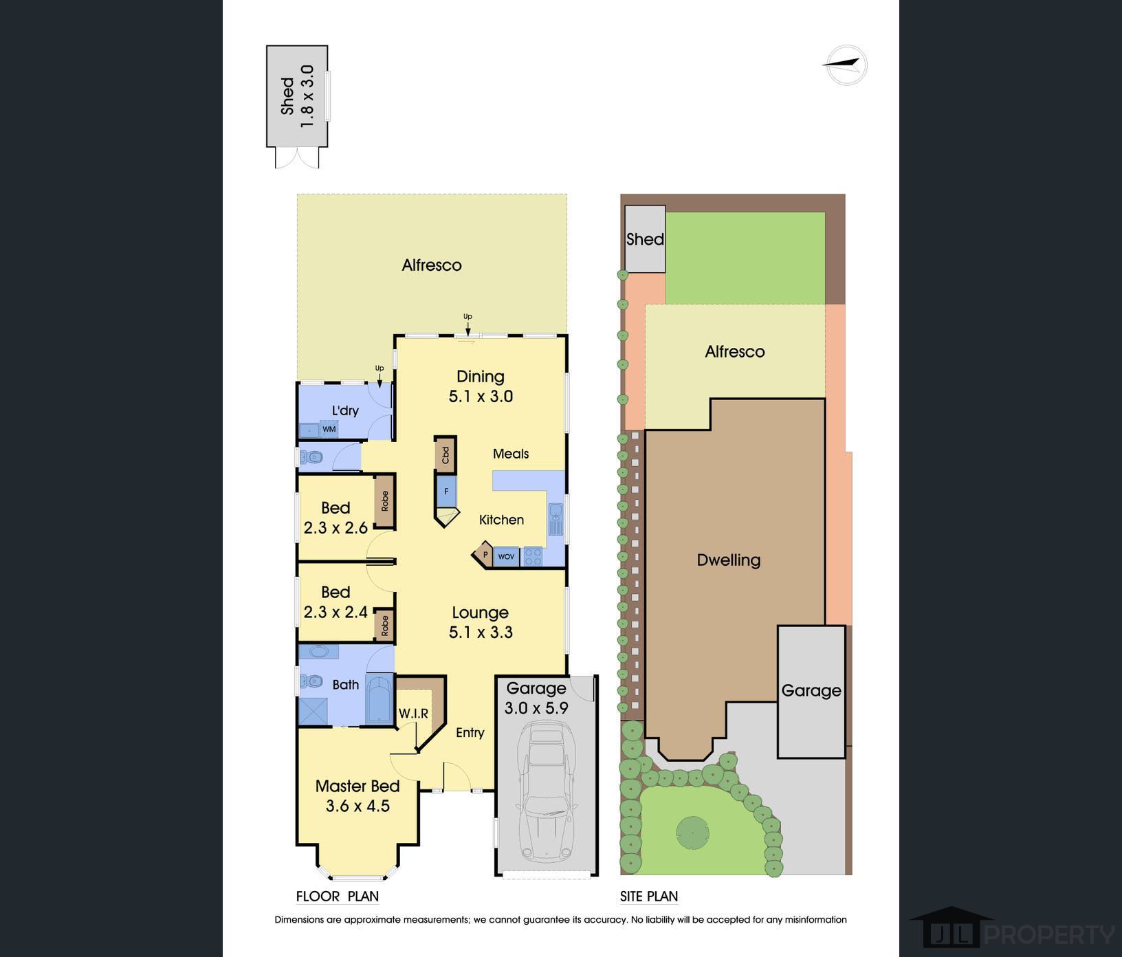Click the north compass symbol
[846, 65]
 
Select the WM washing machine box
[329, 429]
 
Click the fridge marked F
[446, 492]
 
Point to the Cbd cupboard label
[445, 454]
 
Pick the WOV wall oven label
[506, 556]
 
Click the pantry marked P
[485, 554]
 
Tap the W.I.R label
[414, 714]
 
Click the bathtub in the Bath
[377, 699]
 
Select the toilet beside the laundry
[311, 456]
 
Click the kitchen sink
[555, 519]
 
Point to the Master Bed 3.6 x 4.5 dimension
[357, 806]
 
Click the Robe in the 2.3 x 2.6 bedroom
[385, 500]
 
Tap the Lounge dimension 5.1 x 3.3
[481, 632]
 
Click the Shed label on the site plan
[645, 239]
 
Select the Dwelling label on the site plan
[729, 560]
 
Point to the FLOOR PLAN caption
[338, 896]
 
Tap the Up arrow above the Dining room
[467, 327]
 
